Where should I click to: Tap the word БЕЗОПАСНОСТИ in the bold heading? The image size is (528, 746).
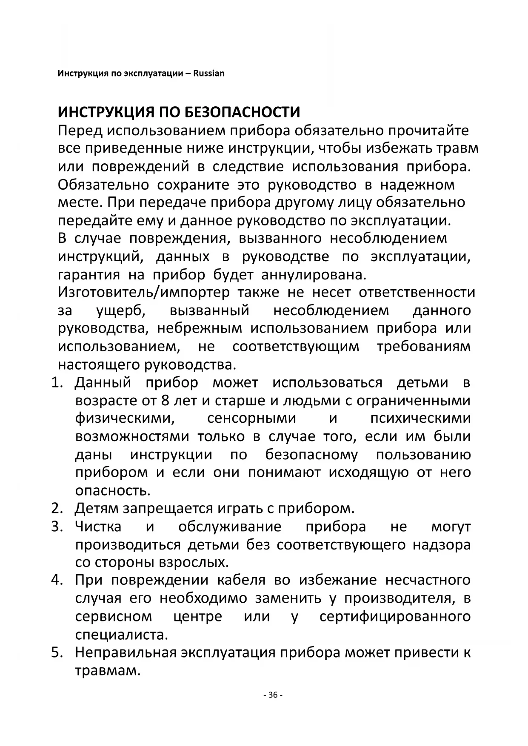click(242, 112)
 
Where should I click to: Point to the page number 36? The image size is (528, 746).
click(273, 695)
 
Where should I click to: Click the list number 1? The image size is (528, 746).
click(57, 383)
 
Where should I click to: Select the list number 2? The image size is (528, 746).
click(57, 508)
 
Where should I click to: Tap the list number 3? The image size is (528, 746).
click(57, 527)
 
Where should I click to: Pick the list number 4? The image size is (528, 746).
click(57, 580)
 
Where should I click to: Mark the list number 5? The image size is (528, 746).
click(57, 652)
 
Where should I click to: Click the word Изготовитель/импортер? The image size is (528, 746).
click(143, 293)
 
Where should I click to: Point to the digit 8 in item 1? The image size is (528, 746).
click(166, 401)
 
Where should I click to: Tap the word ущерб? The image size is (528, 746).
click(121, 310)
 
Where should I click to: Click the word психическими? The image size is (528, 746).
click(420, 419)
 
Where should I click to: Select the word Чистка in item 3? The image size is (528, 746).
click(98, 527)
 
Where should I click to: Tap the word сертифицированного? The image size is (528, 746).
click(395, 616)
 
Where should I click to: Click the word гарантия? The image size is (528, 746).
click(89, 275)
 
